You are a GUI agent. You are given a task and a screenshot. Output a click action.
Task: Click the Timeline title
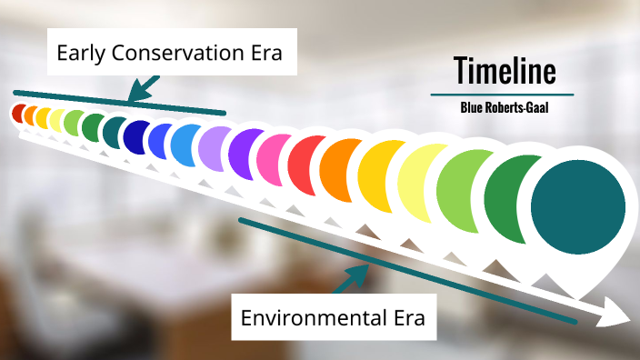(x=504, y=70)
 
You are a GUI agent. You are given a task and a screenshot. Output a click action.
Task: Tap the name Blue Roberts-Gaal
(x=504, y=107)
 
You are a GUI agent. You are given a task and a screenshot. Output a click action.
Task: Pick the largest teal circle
(x=578, y=202)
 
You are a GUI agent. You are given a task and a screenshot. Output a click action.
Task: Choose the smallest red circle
(x=17, y=113)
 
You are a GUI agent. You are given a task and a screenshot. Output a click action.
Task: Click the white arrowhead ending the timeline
(x=618, y=319)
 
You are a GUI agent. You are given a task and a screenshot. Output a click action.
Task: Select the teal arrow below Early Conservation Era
(x=143, y=88)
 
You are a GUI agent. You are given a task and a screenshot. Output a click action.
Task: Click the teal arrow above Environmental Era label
(x=350, y=276)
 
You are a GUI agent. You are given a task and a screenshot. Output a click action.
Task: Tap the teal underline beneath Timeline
(x=502, y=95)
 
